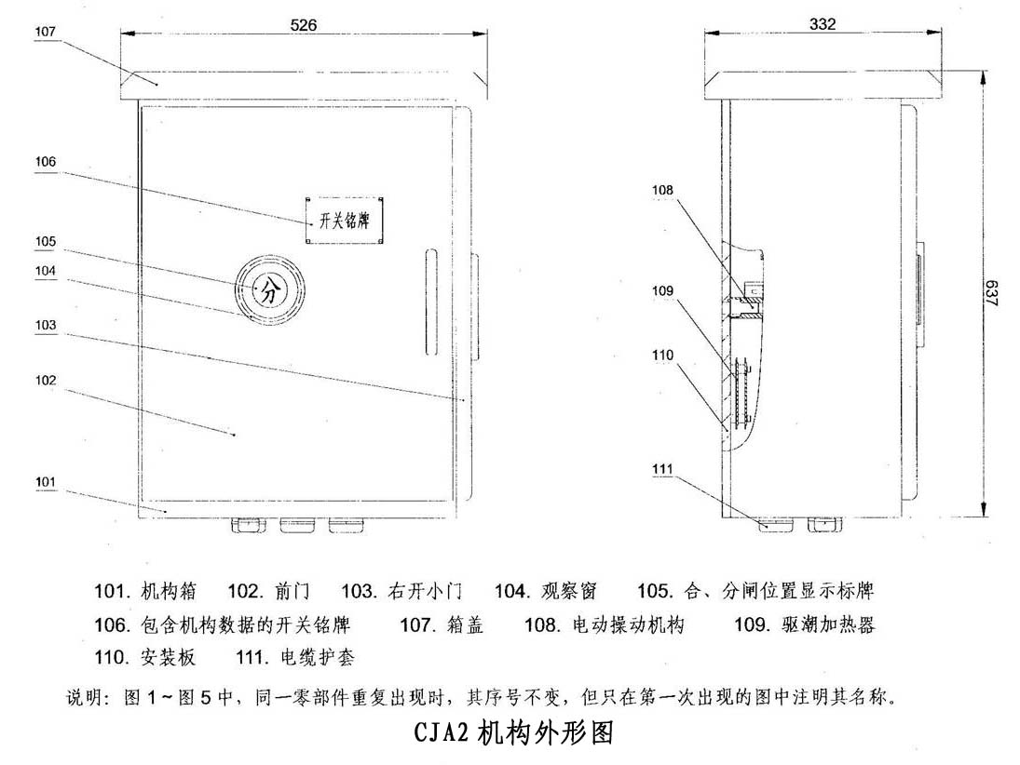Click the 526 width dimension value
point(303,25)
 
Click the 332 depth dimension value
point(823,24)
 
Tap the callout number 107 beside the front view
point(46,32)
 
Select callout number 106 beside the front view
point(46,161)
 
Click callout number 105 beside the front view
point(46,242)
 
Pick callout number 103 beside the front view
point(46,325)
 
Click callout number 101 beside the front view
point(46,482)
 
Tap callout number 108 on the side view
point(663,190)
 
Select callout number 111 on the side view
point(663,469)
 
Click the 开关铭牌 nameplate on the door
point(344,221)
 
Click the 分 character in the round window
point(268,290)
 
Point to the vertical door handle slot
point(431,302)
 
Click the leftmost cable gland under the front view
point(249,525)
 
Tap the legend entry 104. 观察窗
point(545,591)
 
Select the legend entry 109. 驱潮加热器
point(805,624)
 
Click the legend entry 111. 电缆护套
point(295,658)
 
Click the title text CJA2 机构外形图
point(514,732)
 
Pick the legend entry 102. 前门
point(268,591)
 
